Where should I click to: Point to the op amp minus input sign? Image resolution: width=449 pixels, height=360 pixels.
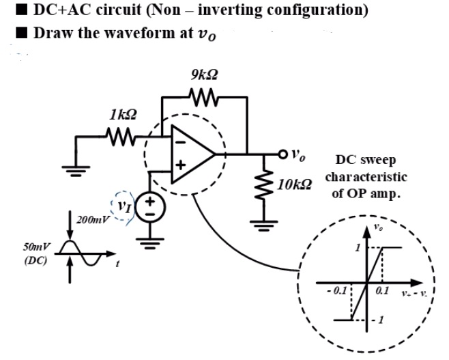(x=182, y=146)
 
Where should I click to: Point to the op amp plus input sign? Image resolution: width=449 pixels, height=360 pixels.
(x=182, y=165)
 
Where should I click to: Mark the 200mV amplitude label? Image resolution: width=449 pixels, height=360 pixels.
(x=91, y=219)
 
